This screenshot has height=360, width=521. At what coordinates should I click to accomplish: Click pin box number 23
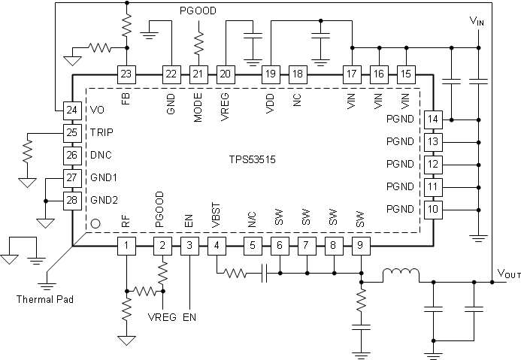pos(126,74)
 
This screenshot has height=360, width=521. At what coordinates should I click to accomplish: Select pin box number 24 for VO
pos(71,110)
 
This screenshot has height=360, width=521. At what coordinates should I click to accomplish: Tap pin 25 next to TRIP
pos(71,133)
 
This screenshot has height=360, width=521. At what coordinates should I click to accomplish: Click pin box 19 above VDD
pos(270,74)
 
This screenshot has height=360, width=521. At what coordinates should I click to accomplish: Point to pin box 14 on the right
pos(432,119)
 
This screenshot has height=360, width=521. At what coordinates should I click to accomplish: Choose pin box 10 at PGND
pos(432,208)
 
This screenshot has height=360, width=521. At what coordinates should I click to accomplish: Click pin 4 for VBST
pos(217,245)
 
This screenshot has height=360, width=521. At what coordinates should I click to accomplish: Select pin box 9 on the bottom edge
pos(361,245)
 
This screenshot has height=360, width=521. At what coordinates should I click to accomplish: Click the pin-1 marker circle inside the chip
pos(95,223)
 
